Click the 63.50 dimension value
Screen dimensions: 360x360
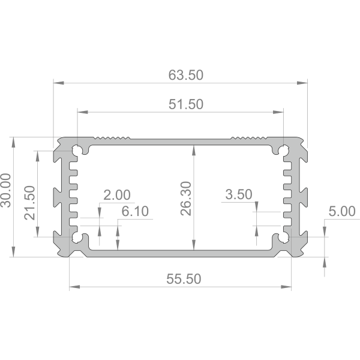[186, 75]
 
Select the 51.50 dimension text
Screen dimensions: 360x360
[186, 104]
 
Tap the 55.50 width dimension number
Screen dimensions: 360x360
[184, 279]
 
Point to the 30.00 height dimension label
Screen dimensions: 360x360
[6, 190]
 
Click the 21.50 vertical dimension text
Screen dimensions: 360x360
[29, 203]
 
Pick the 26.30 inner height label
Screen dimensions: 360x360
[186, 199]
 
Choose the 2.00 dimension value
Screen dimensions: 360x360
[117, 195]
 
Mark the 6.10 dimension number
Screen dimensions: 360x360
[135, 211]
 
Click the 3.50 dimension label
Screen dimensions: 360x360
[239, 194]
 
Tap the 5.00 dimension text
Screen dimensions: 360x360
[342, 211]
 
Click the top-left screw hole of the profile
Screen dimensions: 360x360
[77, 150]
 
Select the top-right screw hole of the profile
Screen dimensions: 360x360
[284, 150]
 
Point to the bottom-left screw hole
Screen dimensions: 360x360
[77, 238]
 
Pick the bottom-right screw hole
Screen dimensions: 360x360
[284, 238]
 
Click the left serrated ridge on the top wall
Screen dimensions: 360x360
[112, 138]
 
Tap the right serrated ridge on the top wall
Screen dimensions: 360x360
[248, 138]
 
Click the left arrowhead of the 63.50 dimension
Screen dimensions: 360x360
[59, 83]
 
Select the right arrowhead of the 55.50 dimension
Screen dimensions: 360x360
[286, 287]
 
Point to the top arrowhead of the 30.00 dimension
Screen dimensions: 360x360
[13, 142]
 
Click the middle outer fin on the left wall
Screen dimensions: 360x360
[58, 197]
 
